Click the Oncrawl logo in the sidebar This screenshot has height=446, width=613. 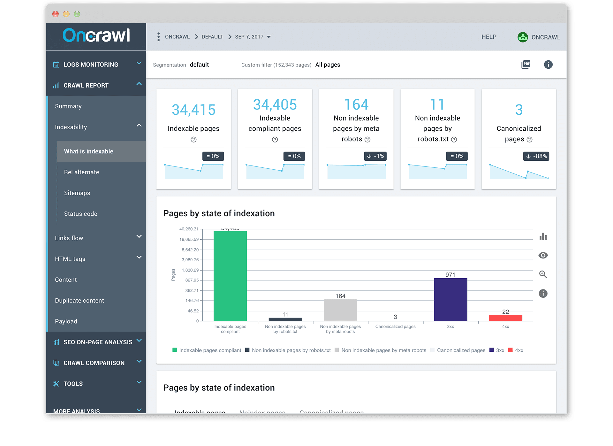(96, 35)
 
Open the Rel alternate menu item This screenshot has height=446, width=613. (81, 172)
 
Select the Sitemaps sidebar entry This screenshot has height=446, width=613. (77, 193)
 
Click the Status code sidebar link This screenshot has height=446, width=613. (80, 214)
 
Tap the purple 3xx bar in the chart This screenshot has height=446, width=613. (450, 299)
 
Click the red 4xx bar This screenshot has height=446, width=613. (505, 318)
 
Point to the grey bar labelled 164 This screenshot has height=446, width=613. (340, 310)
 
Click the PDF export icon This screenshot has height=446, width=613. (526, 65)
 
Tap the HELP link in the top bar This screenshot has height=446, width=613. (489, 37)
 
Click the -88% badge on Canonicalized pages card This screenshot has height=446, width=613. (536, 156)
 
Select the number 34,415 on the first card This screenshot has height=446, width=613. (193, 110)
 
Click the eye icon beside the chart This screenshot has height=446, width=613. (543, 255)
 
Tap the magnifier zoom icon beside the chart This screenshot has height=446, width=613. (543, 274)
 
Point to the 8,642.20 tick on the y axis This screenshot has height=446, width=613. (190, 250)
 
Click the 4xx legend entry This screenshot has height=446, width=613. (516, 350)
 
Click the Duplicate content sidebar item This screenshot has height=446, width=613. (79, 301)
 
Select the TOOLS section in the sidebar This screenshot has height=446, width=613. (73, 384)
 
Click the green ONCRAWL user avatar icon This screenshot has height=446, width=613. (522, 37)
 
